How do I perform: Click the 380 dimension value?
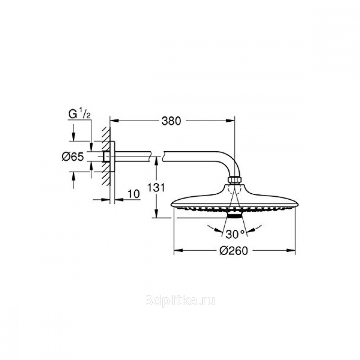coord(171,121)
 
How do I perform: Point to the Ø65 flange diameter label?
coord(73,156)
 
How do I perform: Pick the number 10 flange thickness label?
coord(133,194)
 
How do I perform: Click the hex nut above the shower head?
coord(234,180)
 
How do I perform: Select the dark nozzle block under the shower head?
coord(234,215)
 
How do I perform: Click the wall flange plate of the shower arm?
coord(113,156)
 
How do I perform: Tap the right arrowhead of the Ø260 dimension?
coord(292,251)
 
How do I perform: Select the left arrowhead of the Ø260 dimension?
coord(177,251)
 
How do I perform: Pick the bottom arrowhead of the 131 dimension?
coord(157,215)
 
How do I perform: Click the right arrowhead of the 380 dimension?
coord(232,121)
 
